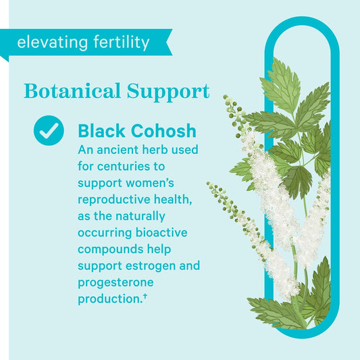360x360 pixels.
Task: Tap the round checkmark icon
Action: (x=49, y=131)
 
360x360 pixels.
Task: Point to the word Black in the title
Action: (x=102, y=130)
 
